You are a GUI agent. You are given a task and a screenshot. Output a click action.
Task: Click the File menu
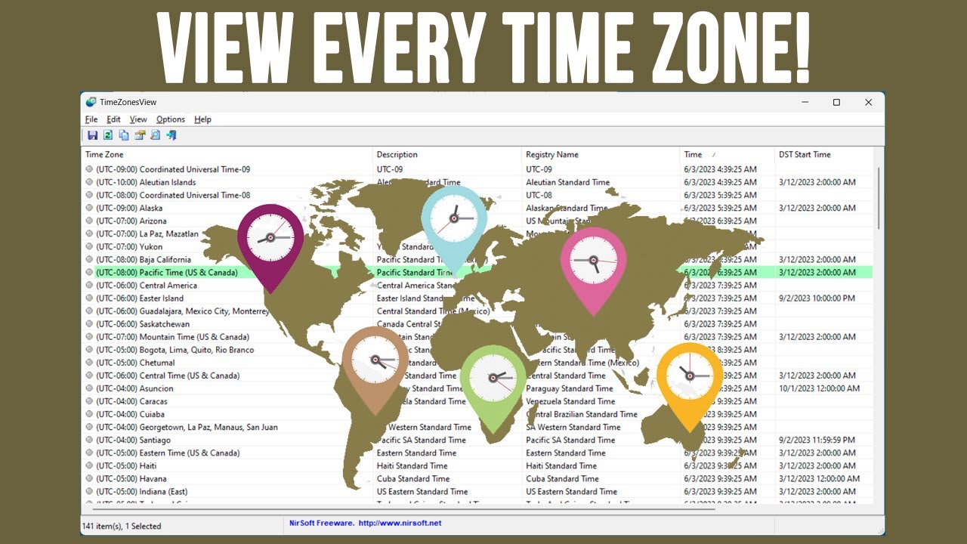(x=91, y=119)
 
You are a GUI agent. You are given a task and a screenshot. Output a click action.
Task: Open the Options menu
(x=171, y=119)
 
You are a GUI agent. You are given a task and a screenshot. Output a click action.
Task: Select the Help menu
(x=202, y=119)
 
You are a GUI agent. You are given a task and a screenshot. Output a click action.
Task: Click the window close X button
(x=869, y=102)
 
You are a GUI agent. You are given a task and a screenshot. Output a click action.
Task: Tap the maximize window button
(x=836, y=102)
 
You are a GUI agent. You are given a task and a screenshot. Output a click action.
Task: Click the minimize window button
(x=804, y=102)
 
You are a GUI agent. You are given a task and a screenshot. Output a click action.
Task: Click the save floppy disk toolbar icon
(x=92, y=135)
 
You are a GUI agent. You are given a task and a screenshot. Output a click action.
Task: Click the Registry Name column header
(x=552, y=155)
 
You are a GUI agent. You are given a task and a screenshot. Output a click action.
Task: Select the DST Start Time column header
(x=805, y=155)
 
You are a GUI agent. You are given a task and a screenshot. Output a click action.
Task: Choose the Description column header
(x=397, y=155)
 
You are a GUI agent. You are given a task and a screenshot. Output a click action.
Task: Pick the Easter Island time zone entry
(x=162, y=298)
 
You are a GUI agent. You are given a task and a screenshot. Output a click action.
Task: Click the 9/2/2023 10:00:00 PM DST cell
(x=817, y=298)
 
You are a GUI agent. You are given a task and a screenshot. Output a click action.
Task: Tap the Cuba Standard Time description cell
(x=413, y=479)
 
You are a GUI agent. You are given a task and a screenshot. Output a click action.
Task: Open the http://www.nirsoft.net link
(x=400, y=523)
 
